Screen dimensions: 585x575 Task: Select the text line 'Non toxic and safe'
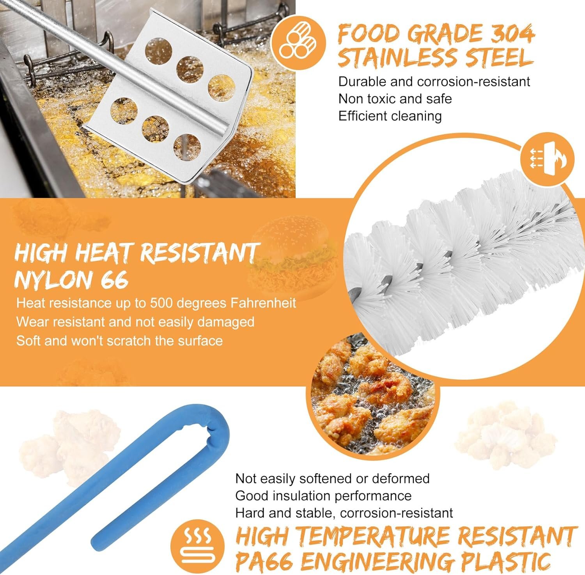pos(395,99)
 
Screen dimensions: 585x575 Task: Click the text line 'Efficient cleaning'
pos(390,116)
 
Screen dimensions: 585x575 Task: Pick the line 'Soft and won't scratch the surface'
pos(119,341)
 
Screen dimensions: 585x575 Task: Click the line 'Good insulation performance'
pos(323,495)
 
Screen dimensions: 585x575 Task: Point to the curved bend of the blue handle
pos(213,423)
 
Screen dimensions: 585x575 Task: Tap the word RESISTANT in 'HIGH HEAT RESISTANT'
pos(199,253)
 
